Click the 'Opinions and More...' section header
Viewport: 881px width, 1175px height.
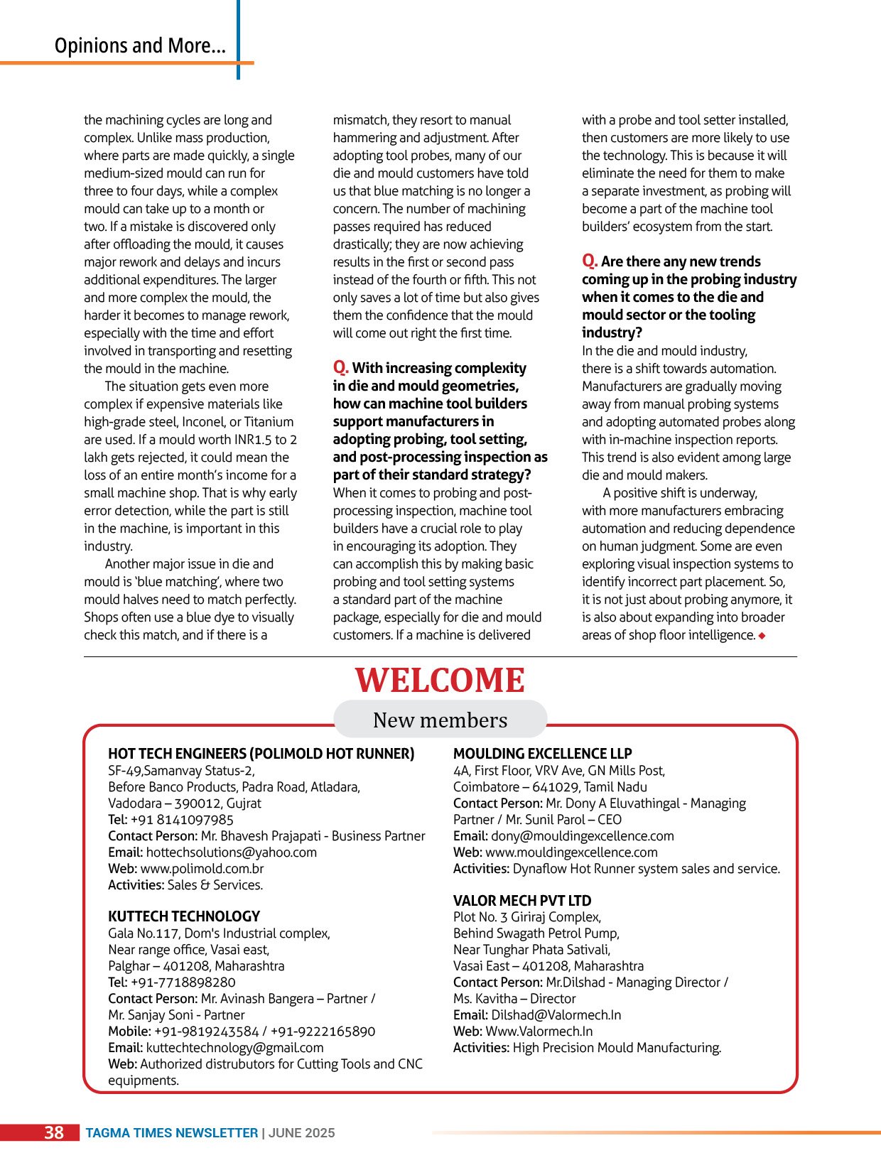click(140, 46)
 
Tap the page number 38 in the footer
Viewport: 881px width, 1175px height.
click(54, 1132)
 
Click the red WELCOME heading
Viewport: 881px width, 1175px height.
click(440, 681)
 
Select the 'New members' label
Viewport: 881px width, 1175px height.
click(440, 720)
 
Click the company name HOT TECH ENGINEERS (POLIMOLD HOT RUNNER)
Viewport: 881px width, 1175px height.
click(261, 754)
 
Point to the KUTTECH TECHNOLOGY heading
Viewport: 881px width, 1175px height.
click(184, 916)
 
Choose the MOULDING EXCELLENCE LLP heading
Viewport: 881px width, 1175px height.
click(542, 754)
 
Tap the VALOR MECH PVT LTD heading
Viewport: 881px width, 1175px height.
click(522, 900)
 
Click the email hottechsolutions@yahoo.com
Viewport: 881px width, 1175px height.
click(232, 852)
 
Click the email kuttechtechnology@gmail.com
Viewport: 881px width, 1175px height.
click(234, 1048)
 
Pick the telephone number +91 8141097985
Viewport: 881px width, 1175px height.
click(182, 820)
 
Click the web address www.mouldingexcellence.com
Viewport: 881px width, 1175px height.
click(571, 852)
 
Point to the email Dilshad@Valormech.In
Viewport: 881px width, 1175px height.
click(556, 1015)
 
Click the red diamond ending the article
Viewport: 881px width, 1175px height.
click(762, 636)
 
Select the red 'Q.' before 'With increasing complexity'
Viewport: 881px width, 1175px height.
click(340, 367)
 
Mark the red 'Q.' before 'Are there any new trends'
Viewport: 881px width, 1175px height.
click(589, 261)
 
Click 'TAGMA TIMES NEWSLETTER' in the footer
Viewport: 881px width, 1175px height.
click(171, 1133)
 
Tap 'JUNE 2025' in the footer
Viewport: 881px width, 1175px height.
click(302, 1133)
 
